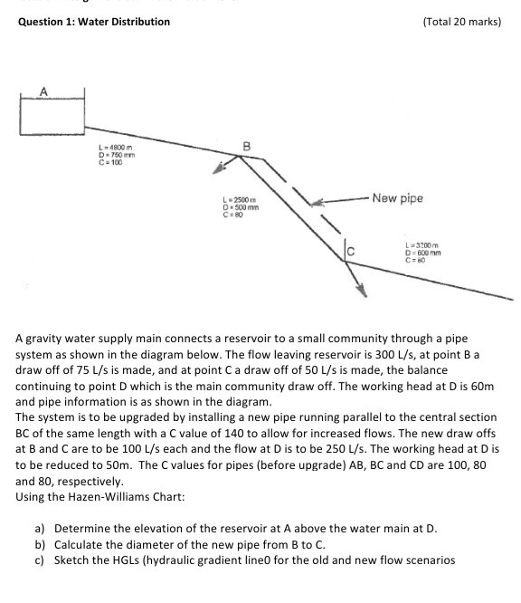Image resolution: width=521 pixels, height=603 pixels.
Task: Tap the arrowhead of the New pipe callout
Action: pyautogui.click(x=317, y=201)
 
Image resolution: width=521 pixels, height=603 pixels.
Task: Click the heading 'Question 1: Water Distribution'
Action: pyautogui.click(x=94, y=22)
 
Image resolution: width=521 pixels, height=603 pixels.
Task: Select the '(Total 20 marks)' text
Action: pyautogui.click(x=461, y=22)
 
